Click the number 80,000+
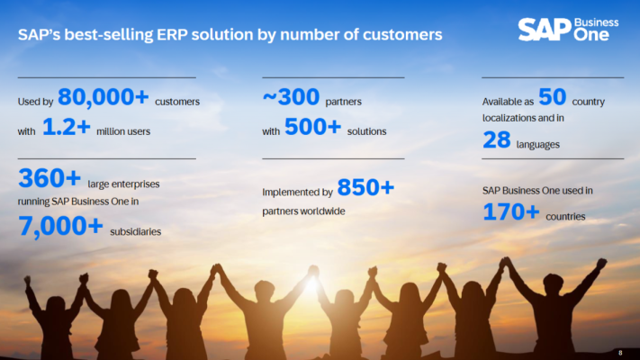[104, 97]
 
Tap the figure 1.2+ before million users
[66, 127]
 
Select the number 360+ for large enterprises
[50, 178]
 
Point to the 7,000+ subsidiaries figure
[60, 227]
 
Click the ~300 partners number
[291, 97]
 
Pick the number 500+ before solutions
[312, 127]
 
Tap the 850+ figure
[365, 187]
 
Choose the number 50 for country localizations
[553, 97]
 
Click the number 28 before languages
[497, 140]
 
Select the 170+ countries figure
[511, 211]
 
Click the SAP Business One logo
[568, 30]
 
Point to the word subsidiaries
[136, 232]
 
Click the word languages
[538, 145]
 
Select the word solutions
[366, 131]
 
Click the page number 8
[620, 353]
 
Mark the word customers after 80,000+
[177, 102]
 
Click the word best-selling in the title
[109, 35]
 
